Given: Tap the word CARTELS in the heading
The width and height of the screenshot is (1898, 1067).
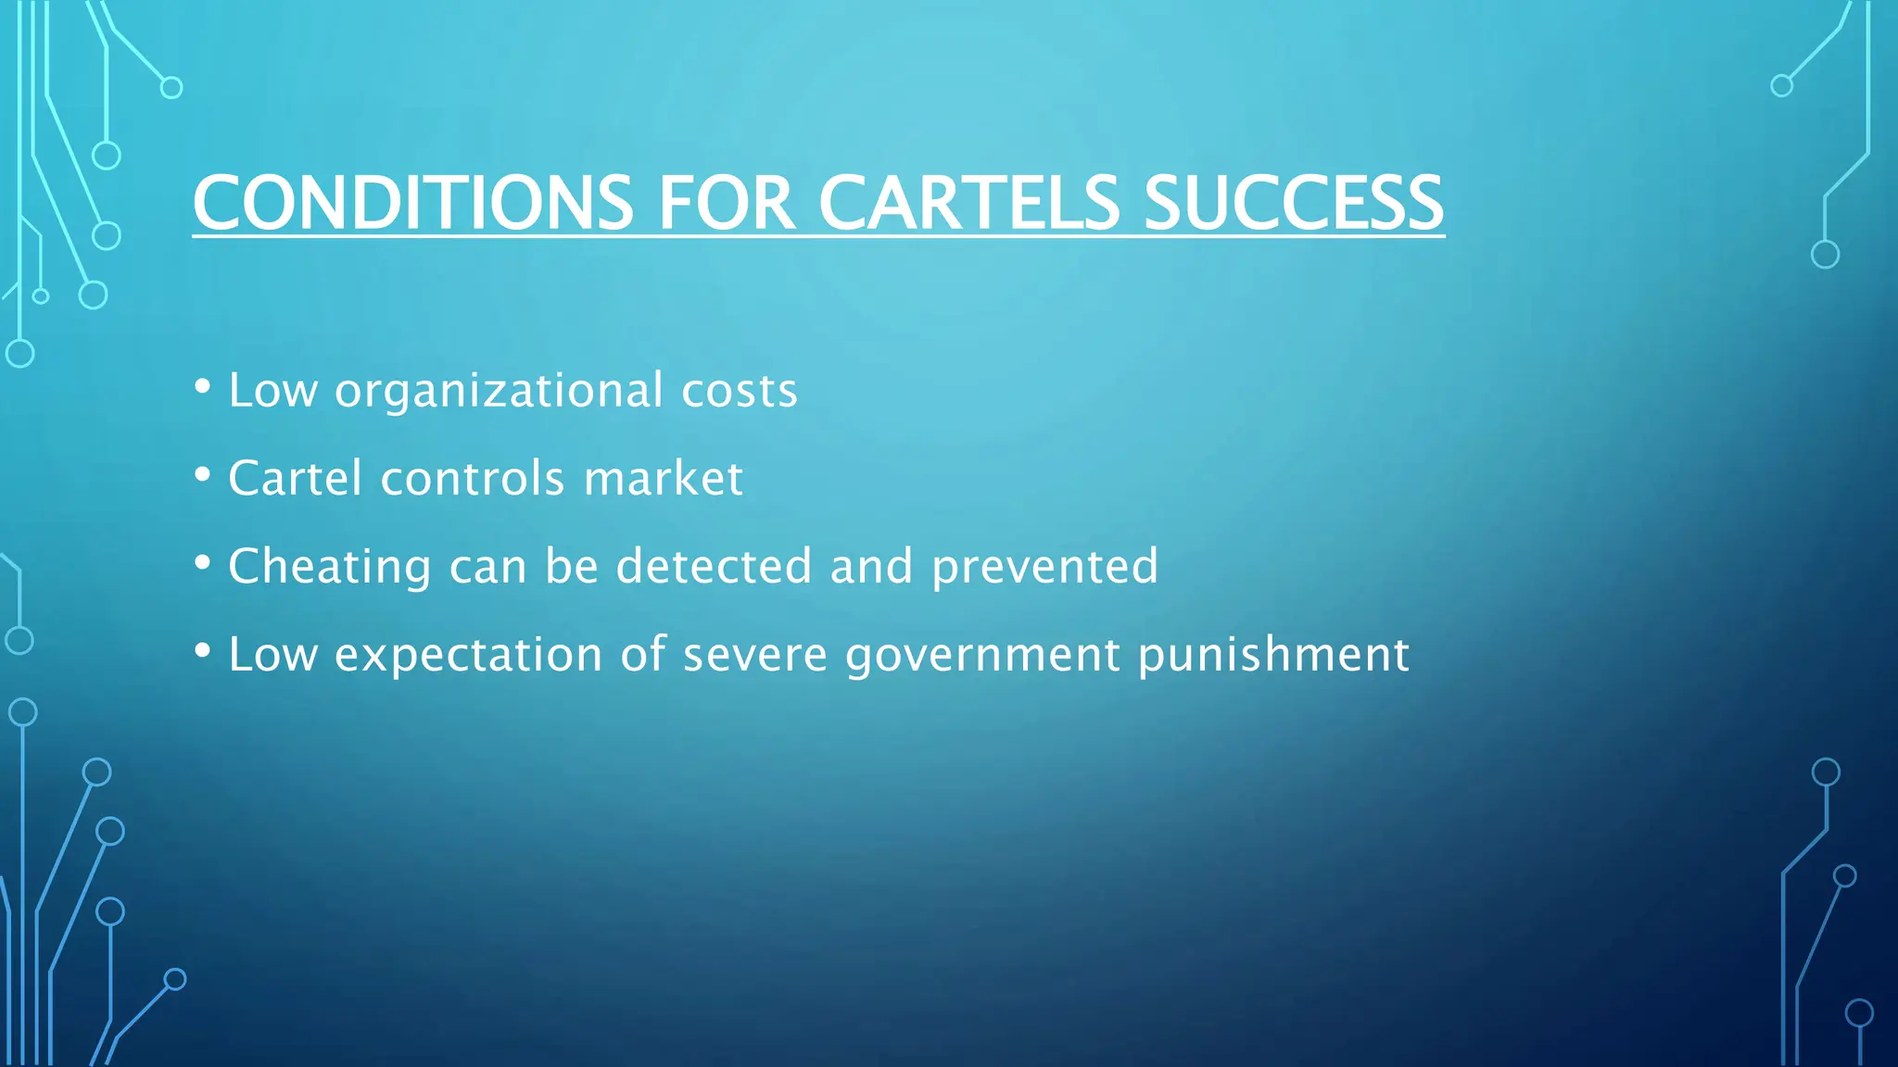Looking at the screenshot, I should point(969,203).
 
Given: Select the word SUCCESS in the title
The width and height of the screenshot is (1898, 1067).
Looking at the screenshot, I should point(1294,203).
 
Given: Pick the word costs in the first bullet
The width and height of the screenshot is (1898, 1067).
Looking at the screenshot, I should point(739,391).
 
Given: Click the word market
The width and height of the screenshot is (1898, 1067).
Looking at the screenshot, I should point(663,479).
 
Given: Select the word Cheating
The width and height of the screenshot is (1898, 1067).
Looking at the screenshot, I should point(329,567).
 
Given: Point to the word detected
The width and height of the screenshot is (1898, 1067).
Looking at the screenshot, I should point(714,566).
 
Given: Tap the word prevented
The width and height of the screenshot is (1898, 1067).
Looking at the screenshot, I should point(1044,567).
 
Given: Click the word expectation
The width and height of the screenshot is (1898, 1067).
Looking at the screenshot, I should point(469,655).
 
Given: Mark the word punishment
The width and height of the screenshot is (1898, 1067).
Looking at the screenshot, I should point(1273,655).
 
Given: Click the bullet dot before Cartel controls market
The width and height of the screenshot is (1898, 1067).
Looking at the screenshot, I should point(203,474).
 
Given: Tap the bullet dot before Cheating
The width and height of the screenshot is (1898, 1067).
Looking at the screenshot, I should point(203,562).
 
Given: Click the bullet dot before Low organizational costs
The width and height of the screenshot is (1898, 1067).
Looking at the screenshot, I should point(203,386).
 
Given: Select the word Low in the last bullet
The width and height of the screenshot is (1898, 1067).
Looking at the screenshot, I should point(272,655).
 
